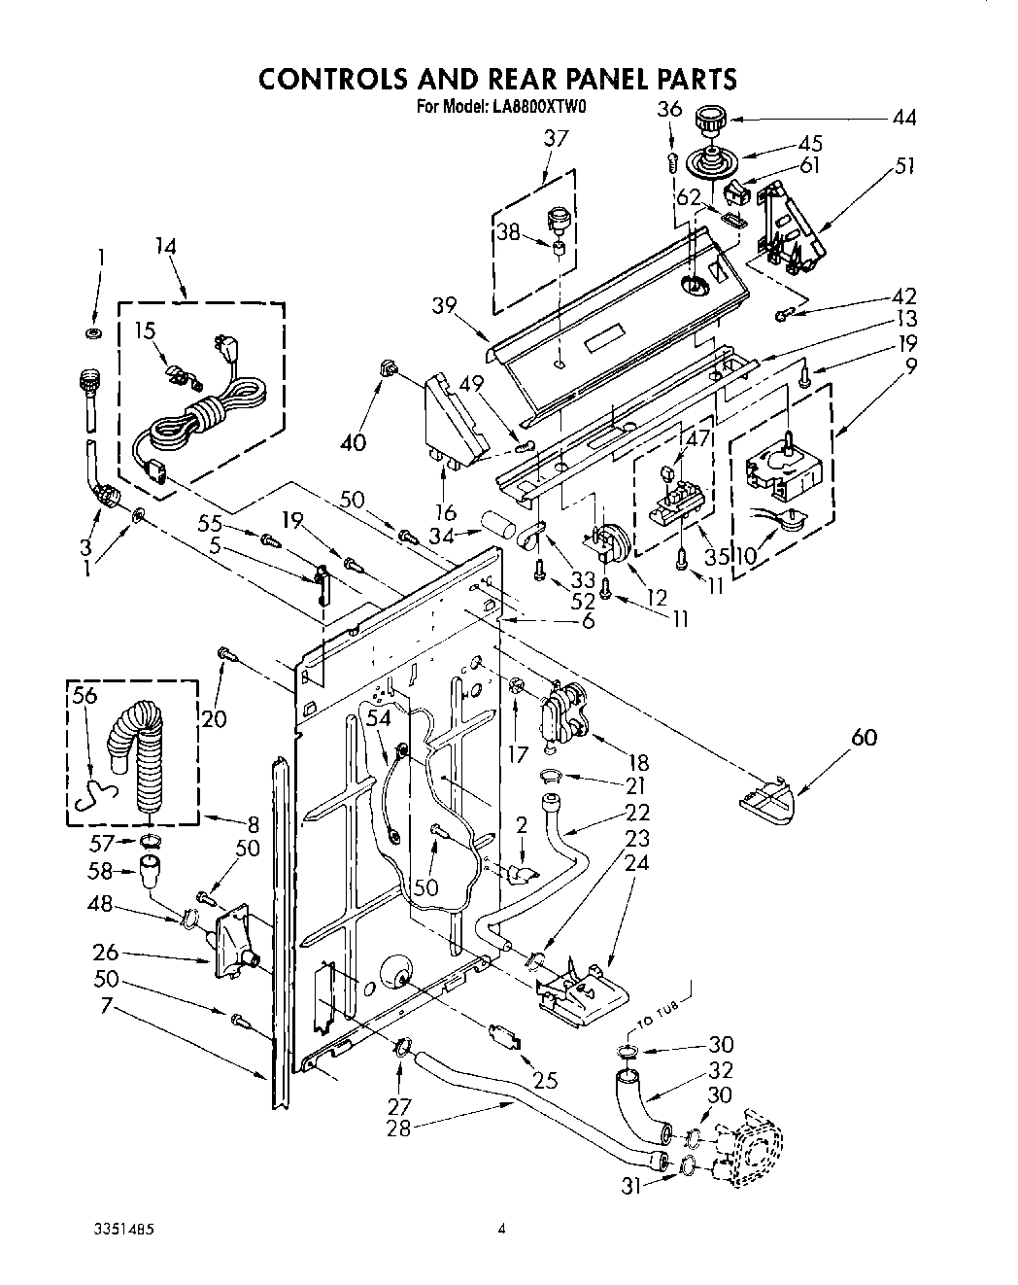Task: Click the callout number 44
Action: click(x=903, y=119)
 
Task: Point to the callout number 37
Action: click(x=555, y=139)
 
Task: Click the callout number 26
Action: click(x=106, y=952)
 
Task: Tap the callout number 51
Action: click(x=904, y=165)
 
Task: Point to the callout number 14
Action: click(x=165, y=247)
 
